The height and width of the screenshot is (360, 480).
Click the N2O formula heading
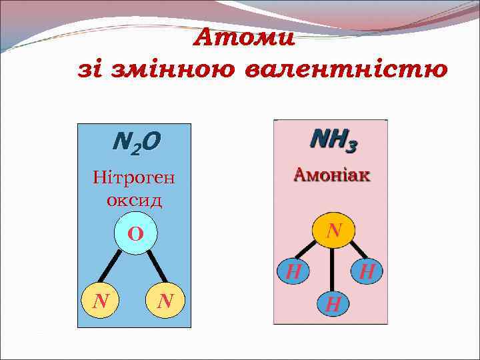(137, 142)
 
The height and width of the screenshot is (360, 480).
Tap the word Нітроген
(133, 178)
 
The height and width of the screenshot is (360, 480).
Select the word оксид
(134, 199)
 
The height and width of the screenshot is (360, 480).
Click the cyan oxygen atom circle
(135, 233)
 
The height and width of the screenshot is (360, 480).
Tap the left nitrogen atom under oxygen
(101, 302)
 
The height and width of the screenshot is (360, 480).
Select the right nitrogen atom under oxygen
(165, 302)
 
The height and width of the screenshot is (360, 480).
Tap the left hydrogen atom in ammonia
(293, 271)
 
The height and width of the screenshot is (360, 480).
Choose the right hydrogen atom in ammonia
(367, 271)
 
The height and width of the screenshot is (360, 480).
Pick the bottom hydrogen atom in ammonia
(333, 304)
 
